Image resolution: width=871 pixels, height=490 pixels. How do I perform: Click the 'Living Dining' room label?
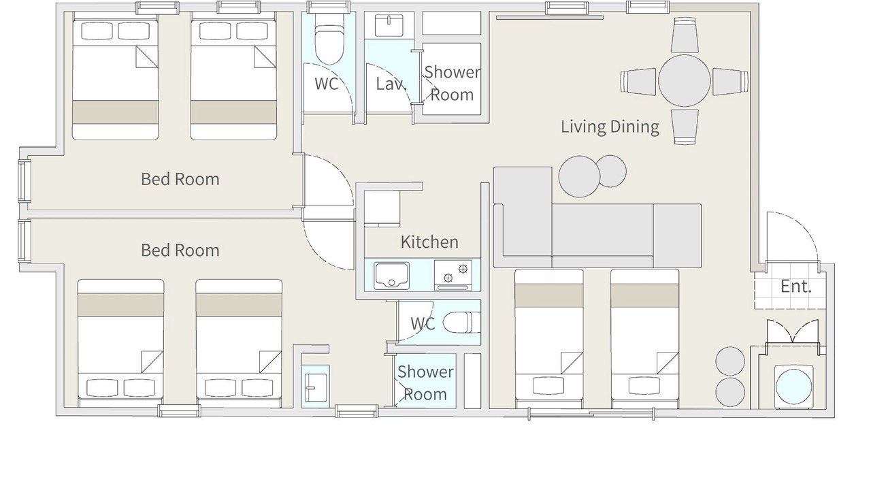pyautogui.click(x=610, y=127)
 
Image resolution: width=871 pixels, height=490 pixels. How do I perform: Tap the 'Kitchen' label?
pyautogui.click(x=429, y=242)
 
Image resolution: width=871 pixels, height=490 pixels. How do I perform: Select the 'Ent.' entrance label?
pyautogui.click(x=796, y=287)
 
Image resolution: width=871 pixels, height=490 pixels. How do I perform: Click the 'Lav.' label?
pyautogui.click(x=391, y=84)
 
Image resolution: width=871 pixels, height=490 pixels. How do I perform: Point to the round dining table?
pyautogui.click(x=685, y=80)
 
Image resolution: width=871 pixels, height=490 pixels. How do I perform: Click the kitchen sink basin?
pyautogui.click(x=391, y=276)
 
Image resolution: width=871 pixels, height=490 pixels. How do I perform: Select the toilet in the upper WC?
pyautogui.click(x=329, y=44)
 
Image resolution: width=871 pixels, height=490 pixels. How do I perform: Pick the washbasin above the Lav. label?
pyautogui.click(x=389, y=25)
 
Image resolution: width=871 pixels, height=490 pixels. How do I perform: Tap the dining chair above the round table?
pyautogui.click(x=685, y=35)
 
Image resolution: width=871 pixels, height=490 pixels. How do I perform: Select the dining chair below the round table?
pyautogui.click(x=685, y=127)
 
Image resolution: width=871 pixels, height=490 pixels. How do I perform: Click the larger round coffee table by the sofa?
pyautogui.click(x=579, y=176)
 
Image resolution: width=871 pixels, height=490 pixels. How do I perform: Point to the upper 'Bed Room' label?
pyautogui.click(x=180, y=179)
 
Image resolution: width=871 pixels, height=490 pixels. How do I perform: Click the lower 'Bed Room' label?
pyautogui.click(x=180, y=250)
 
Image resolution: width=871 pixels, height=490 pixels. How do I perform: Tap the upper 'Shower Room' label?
pyautogui.click(x=453, y=84)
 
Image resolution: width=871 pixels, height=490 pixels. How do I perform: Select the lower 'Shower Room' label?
pyautogui.click(x=425, y=383)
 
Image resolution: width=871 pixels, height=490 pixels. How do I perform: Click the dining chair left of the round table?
pyautogui.click(x=638, y=81)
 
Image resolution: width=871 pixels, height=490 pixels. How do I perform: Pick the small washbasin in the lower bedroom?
pyautogui.click(x=316, y=387)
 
